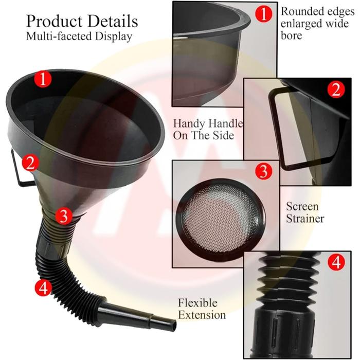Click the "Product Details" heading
[82, 21]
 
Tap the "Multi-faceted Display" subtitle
[79, 37]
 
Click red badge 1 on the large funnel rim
[43, 79]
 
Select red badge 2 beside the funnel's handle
[30, 163]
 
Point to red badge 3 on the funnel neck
[64, 215]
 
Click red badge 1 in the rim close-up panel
[263, 13]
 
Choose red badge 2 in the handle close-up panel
[336, 89]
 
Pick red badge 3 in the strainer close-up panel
[263, 171]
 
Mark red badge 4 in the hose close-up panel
[336, 262]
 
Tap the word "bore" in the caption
[292, 35]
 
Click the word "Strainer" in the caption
[305, 219]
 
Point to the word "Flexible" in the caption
[197, 303]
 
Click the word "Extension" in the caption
[202, 315]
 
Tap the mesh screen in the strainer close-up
[220, 218]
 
